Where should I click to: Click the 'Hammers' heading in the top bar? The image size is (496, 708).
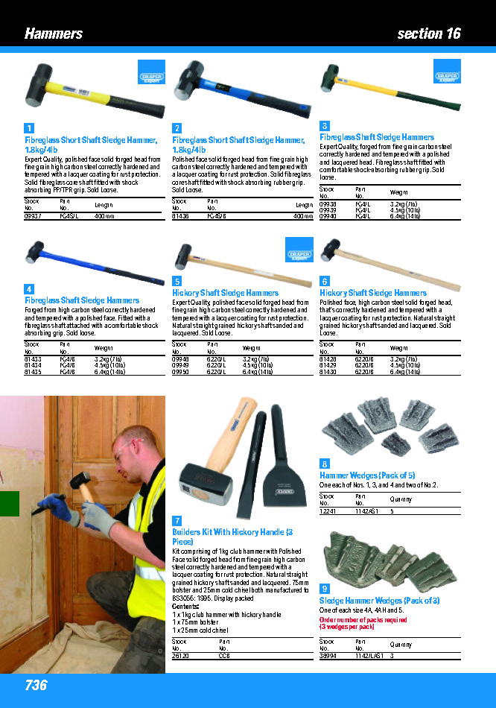54,34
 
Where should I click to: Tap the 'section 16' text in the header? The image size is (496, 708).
429,34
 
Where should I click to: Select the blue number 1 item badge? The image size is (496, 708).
29,128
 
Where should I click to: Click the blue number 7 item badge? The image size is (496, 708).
177,519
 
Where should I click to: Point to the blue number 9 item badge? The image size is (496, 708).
324,589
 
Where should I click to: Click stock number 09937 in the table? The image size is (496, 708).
34,216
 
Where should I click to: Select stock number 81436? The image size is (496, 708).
180,216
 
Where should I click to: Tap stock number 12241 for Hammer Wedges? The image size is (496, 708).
328,512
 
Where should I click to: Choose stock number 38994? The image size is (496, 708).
328,657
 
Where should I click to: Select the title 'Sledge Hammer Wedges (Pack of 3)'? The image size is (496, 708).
379,601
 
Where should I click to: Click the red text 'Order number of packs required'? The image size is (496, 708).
363,619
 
